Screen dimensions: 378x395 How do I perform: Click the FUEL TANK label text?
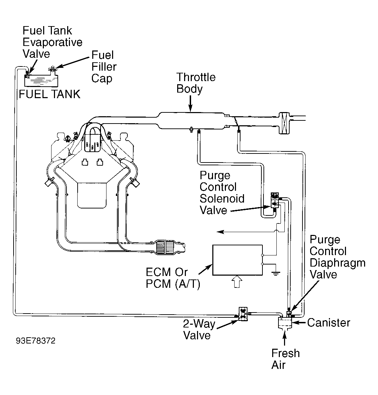(x=50, y=94)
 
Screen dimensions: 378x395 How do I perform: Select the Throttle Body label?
(x=196, y=83)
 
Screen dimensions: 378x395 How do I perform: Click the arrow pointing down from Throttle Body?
(x=190, y=103)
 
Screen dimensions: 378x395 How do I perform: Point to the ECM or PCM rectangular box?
(x=238, y=260)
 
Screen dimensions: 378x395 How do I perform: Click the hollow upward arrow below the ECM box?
(x=237, y=282)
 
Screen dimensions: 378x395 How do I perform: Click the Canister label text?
(x=329, y=323)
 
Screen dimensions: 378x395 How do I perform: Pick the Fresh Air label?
(x=285, y=359)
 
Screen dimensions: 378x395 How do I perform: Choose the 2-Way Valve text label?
(x=199, y=330)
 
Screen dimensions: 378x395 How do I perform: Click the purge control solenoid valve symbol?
(x=275, y=200)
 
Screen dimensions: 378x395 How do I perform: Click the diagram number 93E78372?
(x=36, y=341)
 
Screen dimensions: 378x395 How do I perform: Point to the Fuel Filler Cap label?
(x=104, y=66)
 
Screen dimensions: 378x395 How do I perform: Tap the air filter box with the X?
(x=284, y=123)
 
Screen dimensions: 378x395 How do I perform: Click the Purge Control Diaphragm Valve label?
(x=337, y=257)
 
